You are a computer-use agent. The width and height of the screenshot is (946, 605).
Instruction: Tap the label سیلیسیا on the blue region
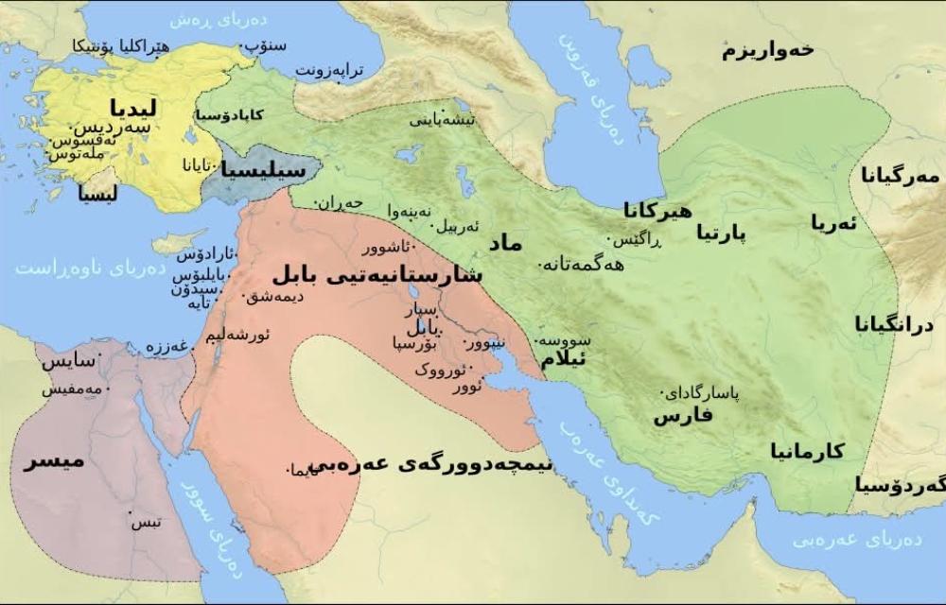[264, 170]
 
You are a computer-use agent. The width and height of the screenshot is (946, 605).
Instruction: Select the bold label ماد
[504, 243]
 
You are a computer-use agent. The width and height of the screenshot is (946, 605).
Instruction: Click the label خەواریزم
[767, 49]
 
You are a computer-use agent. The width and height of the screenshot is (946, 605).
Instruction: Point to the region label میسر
[54, 461]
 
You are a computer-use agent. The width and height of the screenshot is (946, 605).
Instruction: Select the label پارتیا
[721, 232]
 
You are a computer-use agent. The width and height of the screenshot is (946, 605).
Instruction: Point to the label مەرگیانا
[901, 176]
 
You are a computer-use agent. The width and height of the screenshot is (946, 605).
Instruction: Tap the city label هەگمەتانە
[585, 265]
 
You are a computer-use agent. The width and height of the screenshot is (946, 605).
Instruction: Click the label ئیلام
[564, 360]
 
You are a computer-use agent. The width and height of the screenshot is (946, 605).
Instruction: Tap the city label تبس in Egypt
[145, 523]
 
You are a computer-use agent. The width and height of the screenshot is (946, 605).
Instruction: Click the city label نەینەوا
[410, 210]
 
